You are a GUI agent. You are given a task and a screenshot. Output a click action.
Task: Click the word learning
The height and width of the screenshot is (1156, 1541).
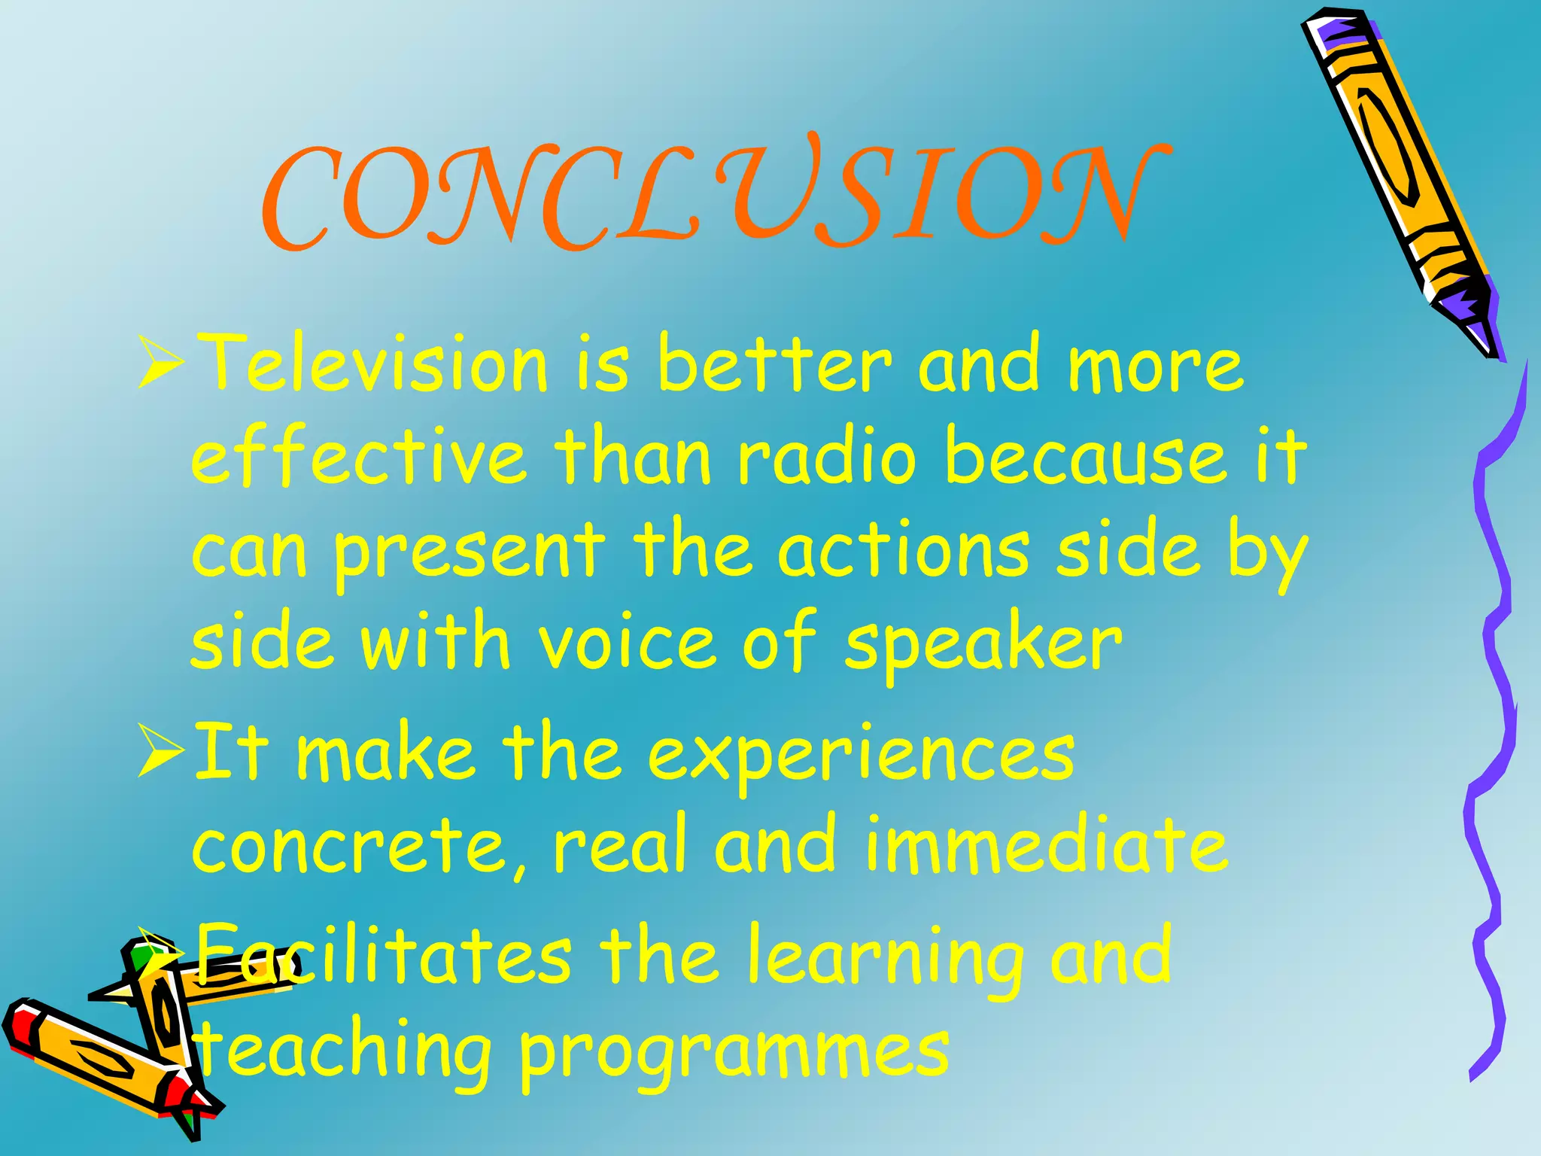[885, 960]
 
